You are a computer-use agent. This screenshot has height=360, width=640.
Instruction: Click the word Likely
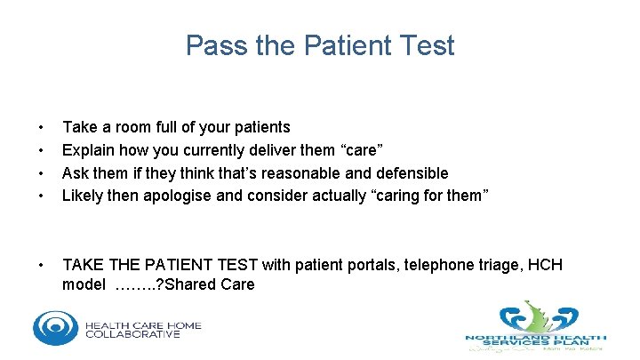pyautogui.click(x=83, y=196)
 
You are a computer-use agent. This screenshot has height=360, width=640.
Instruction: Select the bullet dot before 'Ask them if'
pyautogui.click(x=39, y=173)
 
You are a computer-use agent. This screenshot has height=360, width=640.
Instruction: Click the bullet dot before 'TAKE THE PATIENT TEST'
pyautogui.click(x=39, y=266)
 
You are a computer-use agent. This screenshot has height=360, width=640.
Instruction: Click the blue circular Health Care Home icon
pyautogui.click(x=55, y=327)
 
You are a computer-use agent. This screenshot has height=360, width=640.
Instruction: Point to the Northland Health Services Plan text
pyautogui.click(x=536, y=340)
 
